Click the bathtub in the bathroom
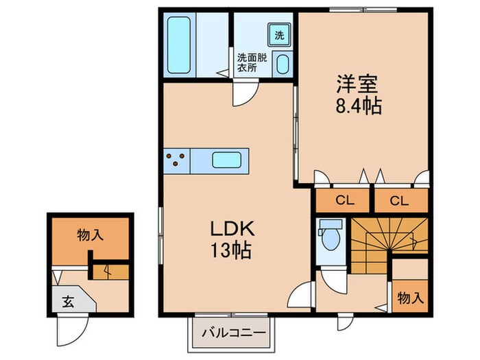pos(179,45)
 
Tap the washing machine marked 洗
pos(279,34)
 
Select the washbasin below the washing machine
pos(282,64)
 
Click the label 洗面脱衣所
pos(252,62)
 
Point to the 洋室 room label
pos(357,84)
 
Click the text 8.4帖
pos(359,106)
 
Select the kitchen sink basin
pos(226,160)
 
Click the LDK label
pos(232,228)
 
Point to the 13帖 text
pos(231,250)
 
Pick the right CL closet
pos(400,200)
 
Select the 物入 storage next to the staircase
pos(410,297)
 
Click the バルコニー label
pos(234,332)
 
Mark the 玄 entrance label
pos(68,302)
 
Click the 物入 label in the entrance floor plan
pos(91,235)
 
